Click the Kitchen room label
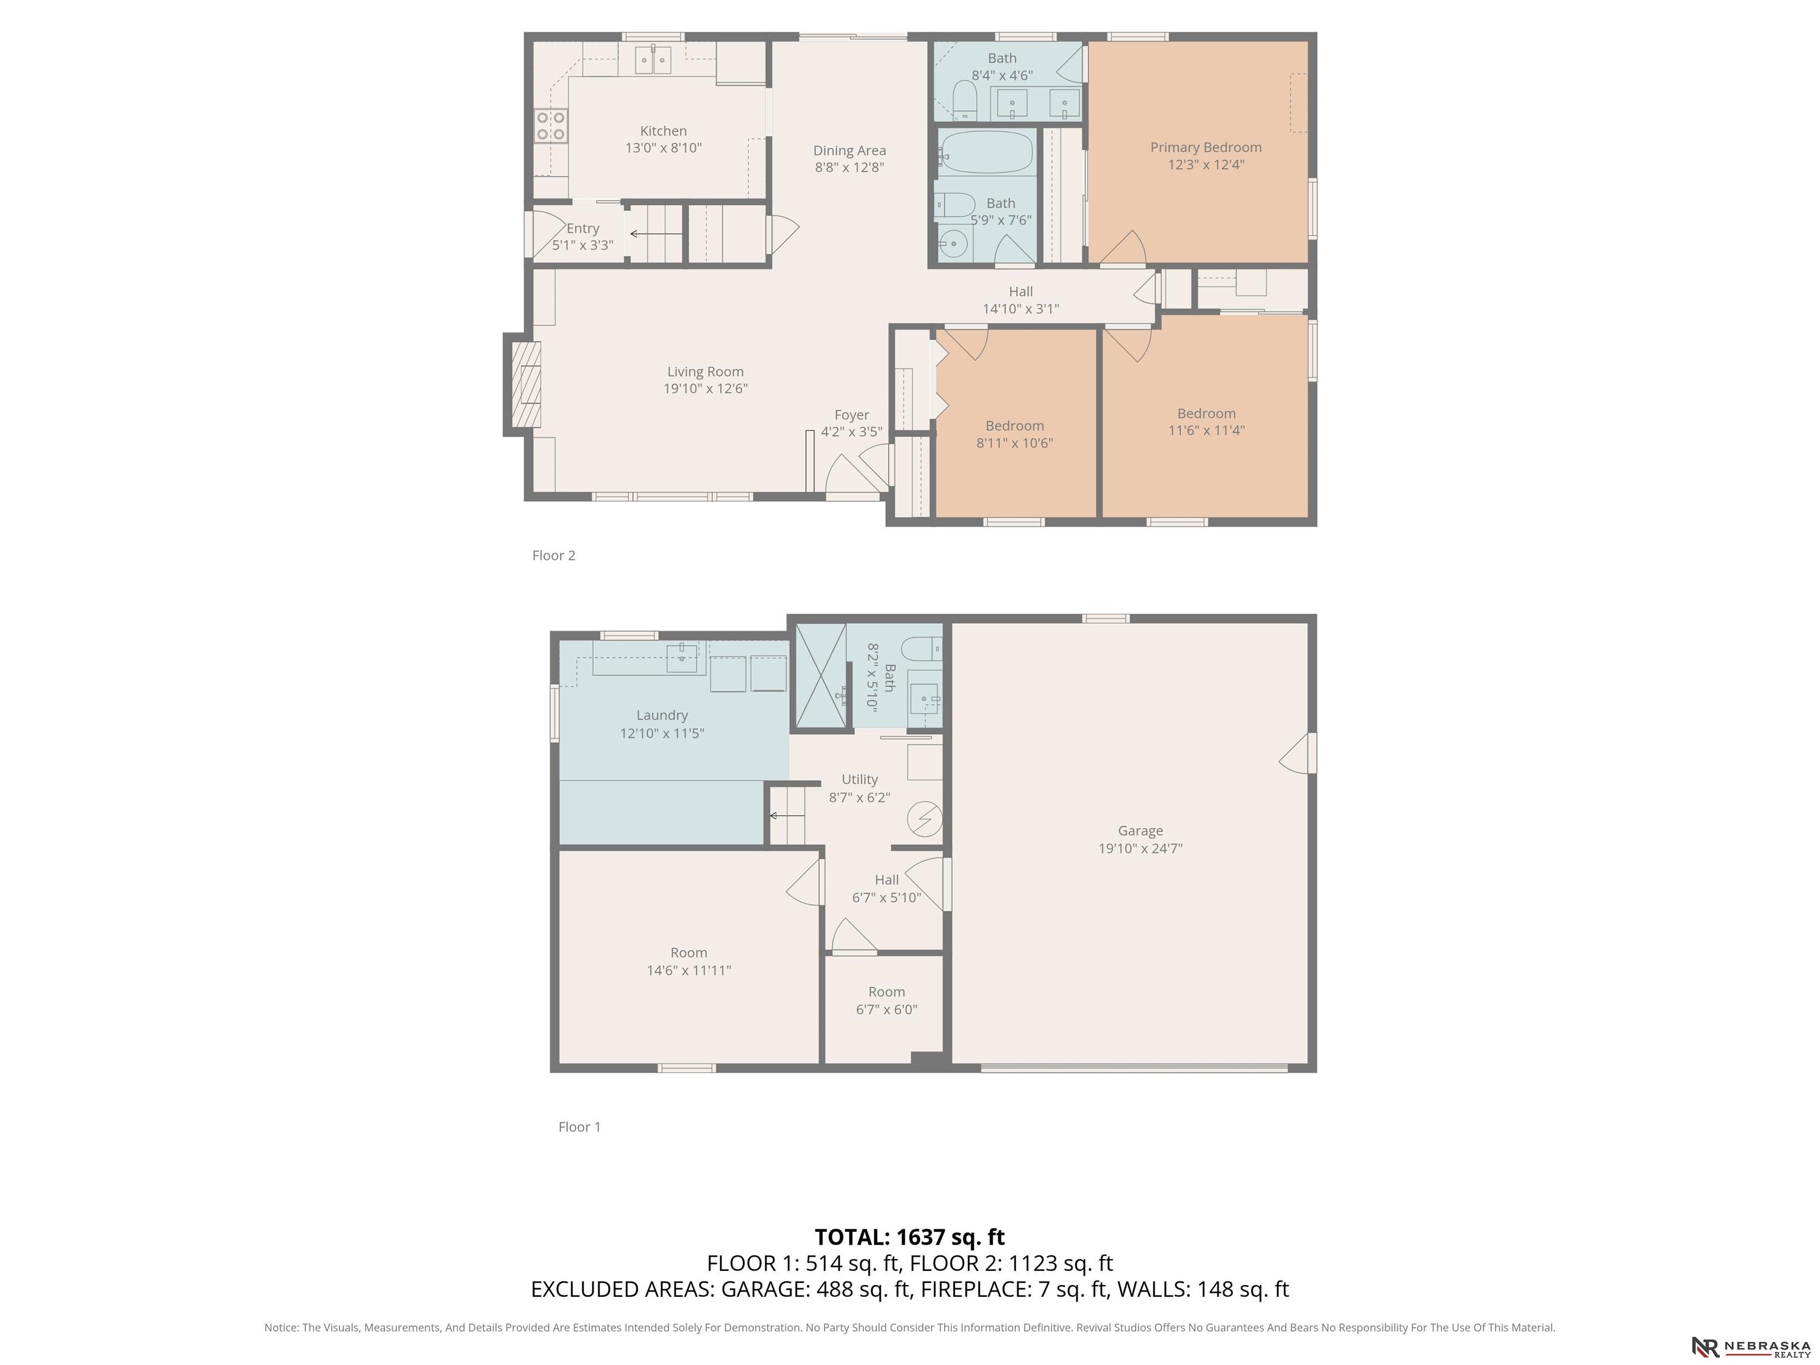663,131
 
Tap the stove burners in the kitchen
550,126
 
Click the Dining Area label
849,150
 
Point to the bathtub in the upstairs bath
986,152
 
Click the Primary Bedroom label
1206,148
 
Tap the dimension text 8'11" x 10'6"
1014,443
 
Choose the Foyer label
851,415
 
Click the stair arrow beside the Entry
656,233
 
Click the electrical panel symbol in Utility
924,819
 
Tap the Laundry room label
662,715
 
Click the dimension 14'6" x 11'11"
688,970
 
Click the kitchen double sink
653,59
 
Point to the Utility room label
860,779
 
